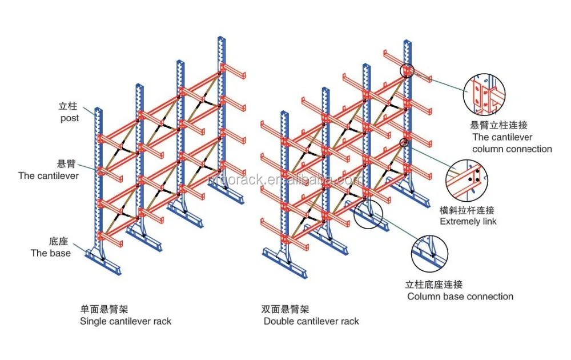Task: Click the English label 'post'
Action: (x=70, y=118)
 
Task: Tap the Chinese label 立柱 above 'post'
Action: (x=68, y=106)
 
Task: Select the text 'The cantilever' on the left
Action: (x=49, y=175)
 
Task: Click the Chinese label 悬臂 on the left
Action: (x=68, y=163)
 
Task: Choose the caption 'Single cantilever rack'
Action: (x=126, y=321)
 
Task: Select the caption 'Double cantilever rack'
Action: (x=311, y=321)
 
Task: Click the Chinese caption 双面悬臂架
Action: (x=285, y=309)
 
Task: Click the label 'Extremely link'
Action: (x=468, y=221)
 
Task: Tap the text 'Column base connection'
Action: (x=460, y=297)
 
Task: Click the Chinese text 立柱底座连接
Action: (x=434, y=285)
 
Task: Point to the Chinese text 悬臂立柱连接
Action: (x=498, y=125)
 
